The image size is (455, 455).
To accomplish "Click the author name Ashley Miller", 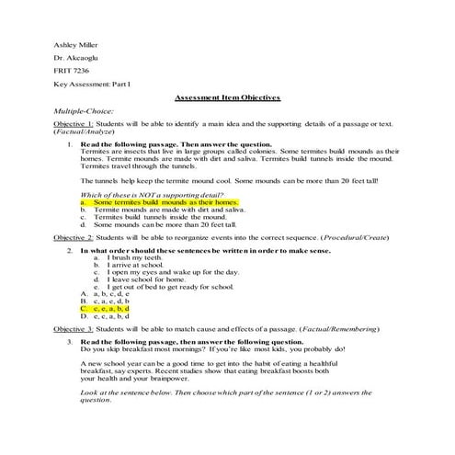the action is pyautogui.click(x=76, y=43).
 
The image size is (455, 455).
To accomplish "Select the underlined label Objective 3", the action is pyautogui.click(x=73, y=328).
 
